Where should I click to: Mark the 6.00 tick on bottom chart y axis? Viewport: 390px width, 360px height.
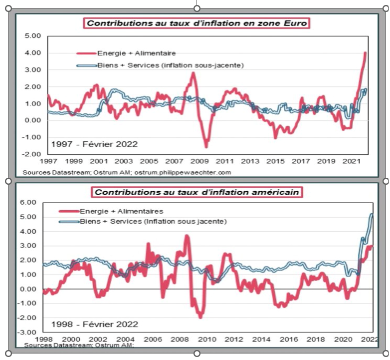(29, 202)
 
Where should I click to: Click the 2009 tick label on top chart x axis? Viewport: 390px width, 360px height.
(199, 162)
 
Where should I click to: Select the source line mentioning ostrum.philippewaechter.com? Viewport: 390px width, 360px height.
(127, 172)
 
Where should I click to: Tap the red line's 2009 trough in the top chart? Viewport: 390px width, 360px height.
(205, 146)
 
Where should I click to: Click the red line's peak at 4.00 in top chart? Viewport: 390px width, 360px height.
(365, 53)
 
